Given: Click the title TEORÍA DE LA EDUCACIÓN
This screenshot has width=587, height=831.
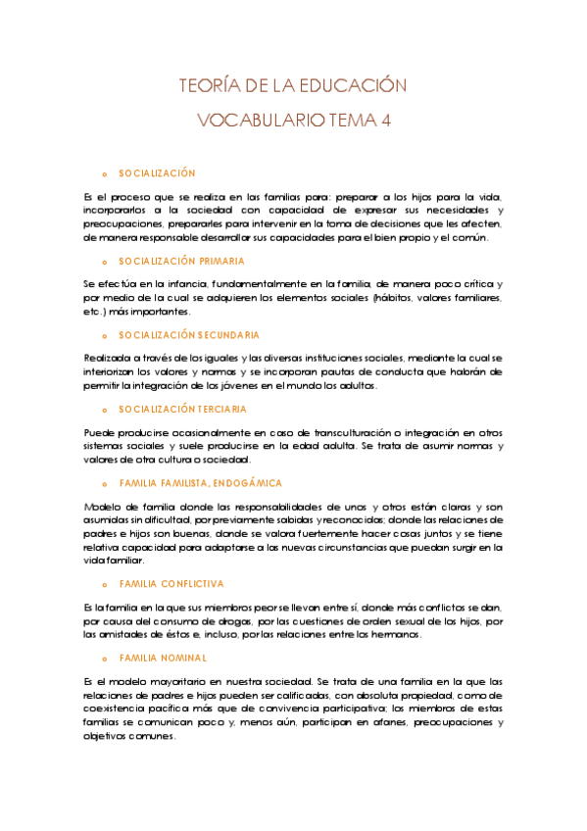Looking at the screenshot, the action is click(x=292, y=85).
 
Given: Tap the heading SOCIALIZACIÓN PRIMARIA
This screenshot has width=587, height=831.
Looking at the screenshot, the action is click(x=181, y=262).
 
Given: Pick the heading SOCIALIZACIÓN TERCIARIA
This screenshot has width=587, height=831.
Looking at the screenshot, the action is click(x=182, y=409).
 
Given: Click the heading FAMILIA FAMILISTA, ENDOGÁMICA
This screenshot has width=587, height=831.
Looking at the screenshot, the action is click(x=200, y=483).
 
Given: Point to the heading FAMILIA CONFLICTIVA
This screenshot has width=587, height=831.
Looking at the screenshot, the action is click(x=171, y=583).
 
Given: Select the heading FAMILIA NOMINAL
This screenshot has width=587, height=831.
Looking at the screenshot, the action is click(x=163, y=658).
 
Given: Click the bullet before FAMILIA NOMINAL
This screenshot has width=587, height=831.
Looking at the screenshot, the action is click(x=104, y=659).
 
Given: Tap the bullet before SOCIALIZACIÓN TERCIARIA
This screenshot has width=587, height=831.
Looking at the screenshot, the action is click(x=104, y=410).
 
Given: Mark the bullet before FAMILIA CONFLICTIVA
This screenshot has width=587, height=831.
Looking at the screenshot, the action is click(x=104, y=584).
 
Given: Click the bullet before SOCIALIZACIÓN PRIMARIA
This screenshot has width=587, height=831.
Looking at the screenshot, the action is click(x=104, y=263).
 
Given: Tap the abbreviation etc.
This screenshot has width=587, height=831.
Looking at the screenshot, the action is click(x=94, y=311).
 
